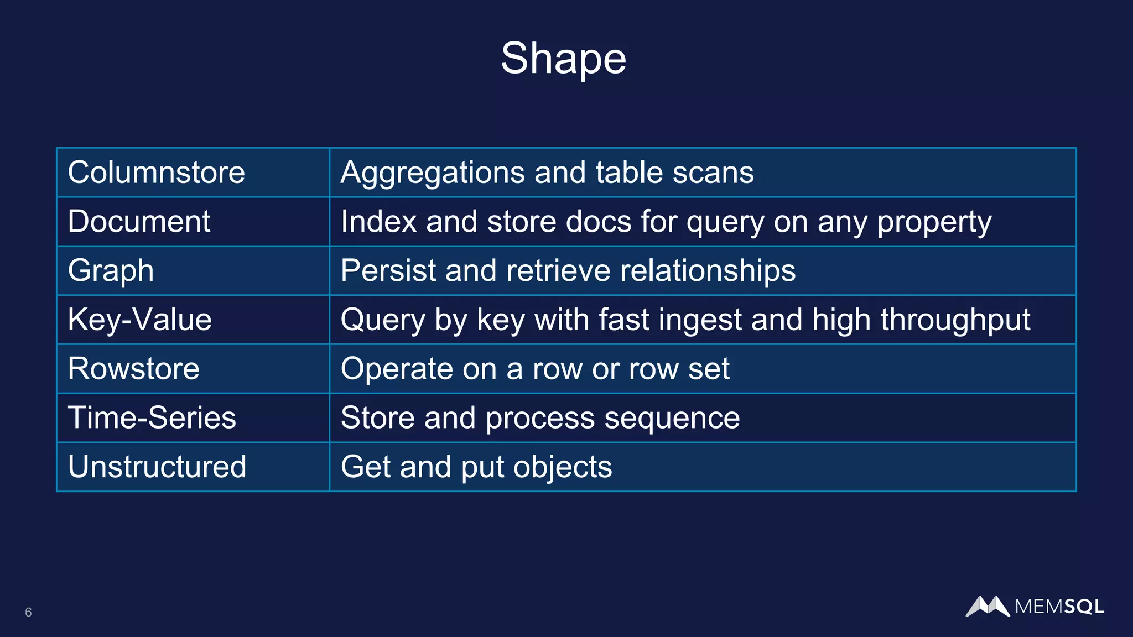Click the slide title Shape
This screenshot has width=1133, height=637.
point(563,59)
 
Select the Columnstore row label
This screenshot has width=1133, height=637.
point(156,173)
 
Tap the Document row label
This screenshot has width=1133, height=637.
point(139,222)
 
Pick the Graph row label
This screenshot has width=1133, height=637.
point(111,271)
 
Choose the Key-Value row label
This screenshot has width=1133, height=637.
point(139,320)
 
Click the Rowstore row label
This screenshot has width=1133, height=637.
point(133,369)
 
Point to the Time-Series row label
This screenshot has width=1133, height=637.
point(152,417)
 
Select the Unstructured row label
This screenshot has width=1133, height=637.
point(157,467)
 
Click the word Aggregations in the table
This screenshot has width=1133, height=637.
point(432,173)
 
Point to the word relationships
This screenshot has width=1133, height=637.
point(708,271)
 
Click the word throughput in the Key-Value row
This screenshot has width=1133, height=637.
point(955,320)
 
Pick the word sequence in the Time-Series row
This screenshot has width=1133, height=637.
point(672,418)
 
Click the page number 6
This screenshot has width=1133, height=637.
point(28,612)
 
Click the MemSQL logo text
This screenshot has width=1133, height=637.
point(1059,607)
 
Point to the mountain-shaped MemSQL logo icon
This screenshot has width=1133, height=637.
point(988,606)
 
